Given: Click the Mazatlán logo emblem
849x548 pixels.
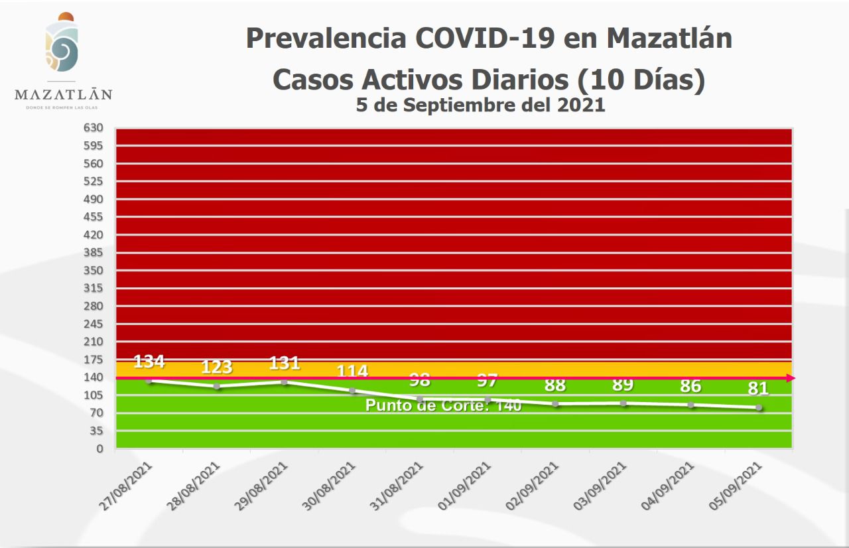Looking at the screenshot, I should click(x=62, y=43).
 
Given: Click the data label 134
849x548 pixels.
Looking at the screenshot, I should click(x=149, y=362).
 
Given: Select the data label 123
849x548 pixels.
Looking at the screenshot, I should click(x=217, y=367).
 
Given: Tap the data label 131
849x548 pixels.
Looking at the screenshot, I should click(x=285, y=363).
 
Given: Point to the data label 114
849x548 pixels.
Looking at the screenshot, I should click(x=352, y=372).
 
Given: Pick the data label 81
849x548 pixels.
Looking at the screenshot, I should click(x=759, y=387).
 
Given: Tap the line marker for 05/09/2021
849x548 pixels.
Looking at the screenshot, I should click(x=759, y=407).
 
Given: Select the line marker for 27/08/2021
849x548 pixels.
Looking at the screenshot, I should click(x=149, y=380).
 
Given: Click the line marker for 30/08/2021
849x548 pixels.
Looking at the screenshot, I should click(x=352, y=391).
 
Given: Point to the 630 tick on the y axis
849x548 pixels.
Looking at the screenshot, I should click(x=94, y=127).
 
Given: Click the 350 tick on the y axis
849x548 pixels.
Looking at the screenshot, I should click(x=94, y=271).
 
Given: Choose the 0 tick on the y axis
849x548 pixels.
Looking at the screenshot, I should click(x=99, y=449).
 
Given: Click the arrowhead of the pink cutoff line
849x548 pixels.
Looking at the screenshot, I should click(x=791, y=378).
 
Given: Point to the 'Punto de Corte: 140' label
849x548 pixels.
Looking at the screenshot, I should click(x=444, y=406).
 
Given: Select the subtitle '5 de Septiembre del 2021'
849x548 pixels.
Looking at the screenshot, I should click(x=480, y=105).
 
